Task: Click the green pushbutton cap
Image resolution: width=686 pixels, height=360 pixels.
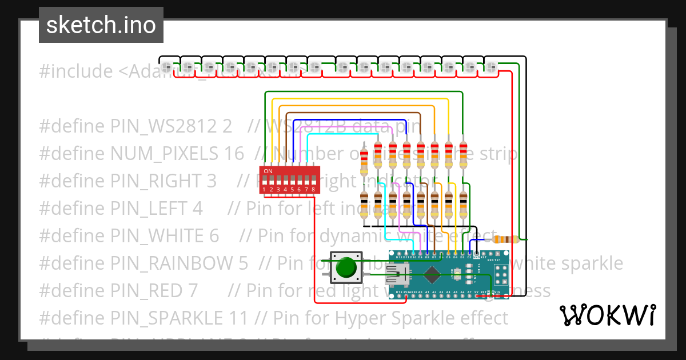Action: click(x=346, y=267)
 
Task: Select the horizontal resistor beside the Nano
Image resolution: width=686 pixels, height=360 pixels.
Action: click(x=505, y=239)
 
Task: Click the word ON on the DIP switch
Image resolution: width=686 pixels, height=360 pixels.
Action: click(x=268, y=171)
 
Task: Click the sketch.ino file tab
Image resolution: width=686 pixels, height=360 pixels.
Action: click(x=101, y=25)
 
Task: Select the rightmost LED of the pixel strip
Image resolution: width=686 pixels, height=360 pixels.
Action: click(x=492, y=66)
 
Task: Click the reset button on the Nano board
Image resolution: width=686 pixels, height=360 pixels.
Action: click(x=455, y=275)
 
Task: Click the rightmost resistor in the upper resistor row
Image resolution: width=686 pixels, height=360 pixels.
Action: click(x=462, y=154)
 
